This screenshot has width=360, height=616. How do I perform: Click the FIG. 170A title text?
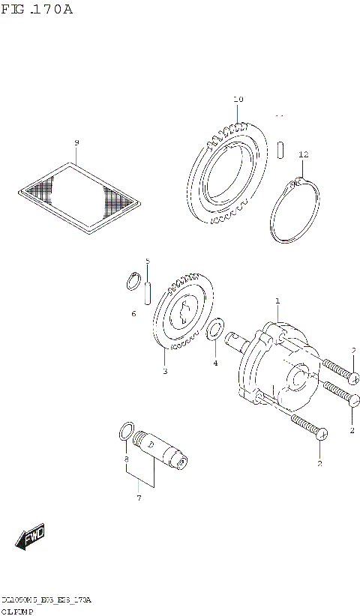(38, 10)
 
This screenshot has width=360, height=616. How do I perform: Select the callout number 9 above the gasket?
(76, 142)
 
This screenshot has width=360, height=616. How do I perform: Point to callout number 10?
(238, 99)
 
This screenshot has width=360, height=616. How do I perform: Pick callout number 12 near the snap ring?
(303, 154)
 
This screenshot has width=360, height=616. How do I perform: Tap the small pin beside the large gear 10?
(279, 148)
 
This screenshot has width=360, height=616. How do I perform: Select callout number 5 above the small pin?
(148, 261)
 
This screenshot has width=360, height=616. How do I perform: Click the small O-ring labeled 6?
(132, 281)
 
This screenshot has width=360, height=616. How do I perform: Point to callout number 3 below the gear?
(165, 370)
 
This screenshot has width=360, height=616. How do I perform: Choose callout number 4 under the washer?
(215, 363)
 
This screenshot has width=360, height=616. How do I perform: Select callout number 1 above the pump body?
(277, 301)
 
